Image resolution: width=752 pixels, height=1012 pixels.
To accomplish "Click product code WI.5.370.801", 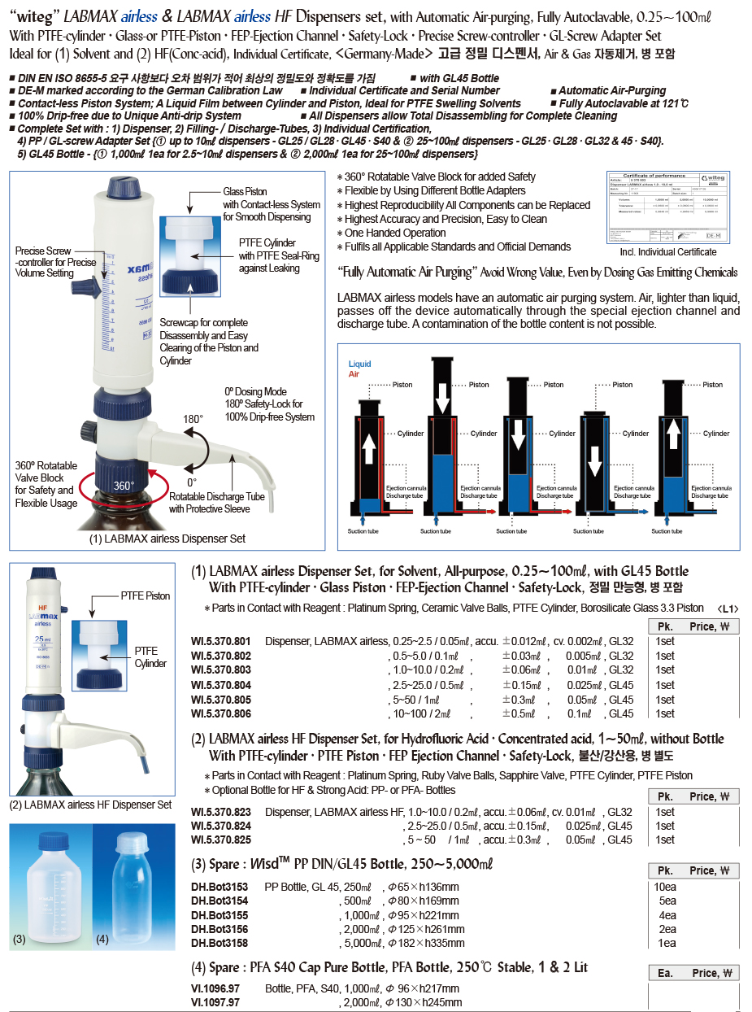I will click(x=220, y=641).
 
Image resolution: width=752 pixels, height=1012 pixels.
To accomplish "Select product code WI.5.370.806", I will click(x=220, y=713).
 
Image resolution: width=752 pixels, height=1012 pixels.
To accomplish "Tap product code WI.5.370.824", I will click(x=220, y=826).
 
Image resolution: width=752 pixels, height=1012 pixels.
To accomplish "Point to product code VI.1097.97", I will click(x=215, y=1003).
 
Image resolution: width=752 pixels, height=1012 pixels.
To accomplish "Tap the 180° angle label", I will click(x=192, y=419).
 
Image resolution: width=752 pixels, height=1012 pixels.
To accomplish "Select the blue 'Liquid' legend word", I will click(x=360, y=364).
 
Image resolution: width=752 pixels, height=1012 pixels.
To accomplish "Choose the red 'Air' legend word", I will click(x=354, y=374).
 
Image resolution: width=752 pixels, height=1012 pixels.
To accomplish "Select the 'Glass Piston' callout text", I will click(x=245, y=192).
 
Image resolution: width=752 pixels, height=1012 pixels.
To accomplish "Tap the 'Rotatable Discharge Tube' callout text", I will click(x=217, y=497).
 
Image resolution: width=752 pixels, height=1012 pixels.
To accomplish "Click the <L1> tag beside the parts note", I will click(x=728, y=608).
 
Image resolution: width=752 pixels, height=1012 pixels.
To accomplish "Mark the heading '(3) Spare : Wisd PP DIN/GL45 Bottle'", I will click(x=341, y=863).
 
